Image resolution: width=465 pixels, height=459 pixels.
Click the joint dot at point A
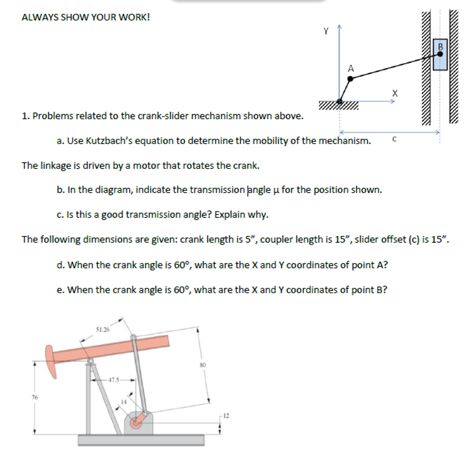tap(350, 79)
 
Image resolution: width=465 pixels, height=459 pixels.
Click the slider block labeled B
tap(440, 54)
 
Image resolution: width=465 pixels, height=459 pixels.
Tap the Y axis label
tap(326, 31)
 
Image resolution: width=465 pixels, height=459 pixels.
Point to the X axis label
tap(395, 93)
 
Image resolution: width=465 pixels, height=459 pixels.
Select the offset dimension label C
tap(394, 140)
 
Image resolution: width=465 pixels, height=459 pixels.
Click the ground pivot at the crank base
tap(340, 101)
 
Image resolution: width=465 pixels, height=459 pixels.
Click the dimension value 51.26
tap(102, 329)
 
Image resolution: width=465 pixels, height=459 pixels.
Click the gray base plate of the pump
tap(141, 439)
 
